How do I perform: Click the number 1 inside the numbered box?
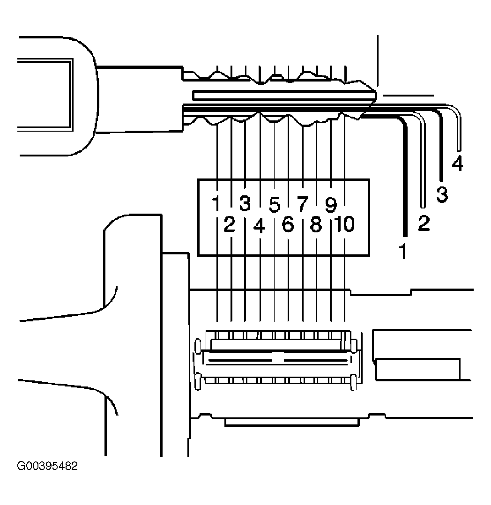[x=216, y=203]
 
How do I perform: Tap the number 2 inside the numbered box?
[x=230, y=224]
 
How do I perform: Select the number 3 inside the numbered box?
[x=245, y=203]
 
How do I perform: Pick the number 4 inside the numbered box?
[x=260, y=226]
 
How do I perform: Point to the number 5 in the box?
[x=275, y=205]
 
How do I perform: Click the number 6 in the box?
[x=288, y=224]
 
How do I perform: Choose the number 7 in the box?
[x=302, y=204]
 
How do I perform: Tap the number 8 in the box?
[x=316, y=224]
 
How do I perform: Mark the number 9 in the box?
[x=331, y=205]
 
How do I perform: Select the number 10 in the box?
[x=344, y=224]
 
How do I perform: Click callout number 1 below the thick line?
[x=403, y=251]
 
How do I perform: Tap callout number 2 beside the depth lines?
[x=424, y=223]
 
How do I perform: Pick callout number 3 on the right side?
[x=442, y=194]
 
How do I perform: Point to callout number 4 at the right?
[x=458, y=163]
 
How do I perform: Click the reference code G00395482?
[x=47, y=466]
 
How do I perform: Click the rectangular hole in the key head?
[x=45, y=95]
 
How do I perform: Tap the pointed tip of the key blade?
[x=376, y=96]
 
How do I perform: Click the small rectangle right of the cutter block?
[x=418, y=369]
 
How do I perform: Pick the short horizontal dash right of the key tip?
[x=408, y=96]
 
